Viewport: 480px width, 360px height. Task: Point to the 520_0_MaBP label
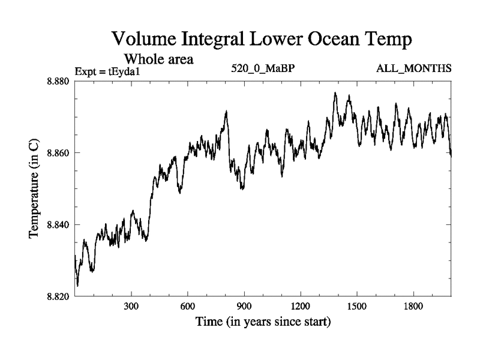263,68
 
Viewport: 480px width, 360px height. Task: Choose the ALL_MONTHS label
413,68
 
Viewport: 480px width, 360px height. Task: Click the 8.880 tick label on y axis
59,82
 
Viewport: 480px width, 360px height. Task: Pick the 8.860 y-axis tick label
59,153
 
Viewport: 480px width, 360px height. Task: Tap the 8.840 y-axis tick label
59,224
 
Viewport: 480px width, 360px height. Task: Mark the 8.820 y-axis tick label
59,296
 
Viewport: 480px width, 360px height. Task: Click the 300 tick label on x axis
131,307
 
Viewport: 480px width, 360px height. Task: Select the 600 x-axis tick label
188,307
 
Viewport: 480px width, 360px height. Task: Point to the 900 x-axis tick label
244,307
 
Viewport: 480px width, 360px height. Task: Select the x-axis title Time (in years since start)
263,322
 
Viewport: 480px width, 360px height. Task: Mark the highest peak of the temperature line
335,93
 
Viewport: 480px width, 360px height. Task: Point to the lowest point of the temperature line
77,286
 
